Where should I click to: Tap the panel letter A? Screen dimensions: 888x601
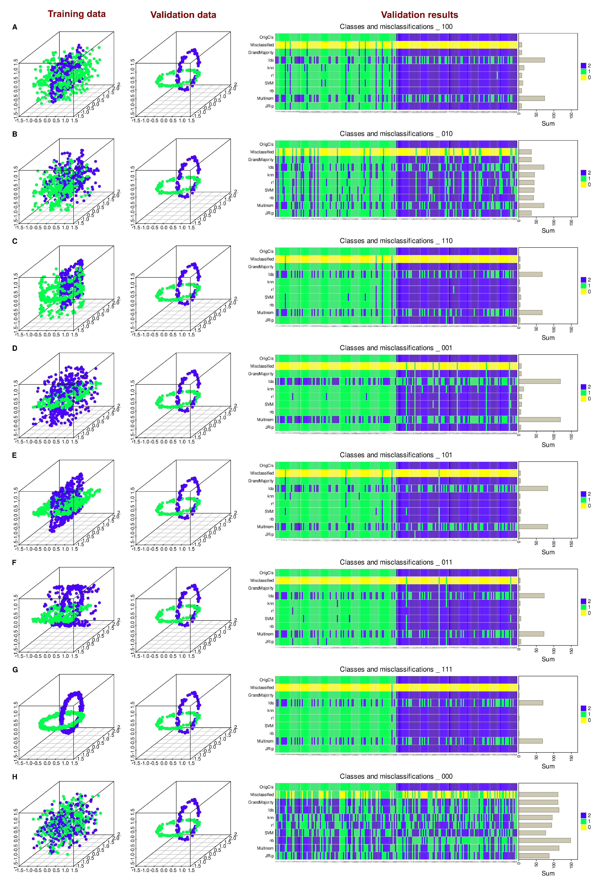point(15,27)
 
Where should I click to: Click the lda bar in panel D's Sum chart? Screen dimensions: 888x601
point(539,381)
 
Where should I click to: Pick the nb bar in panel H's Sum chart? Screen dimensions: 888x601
point(544,841)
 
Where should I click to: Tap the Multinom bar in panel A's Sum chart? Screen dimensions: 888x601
point(531,98)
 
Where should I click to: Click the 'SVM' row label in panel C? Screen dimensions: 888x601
point(269,297)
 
